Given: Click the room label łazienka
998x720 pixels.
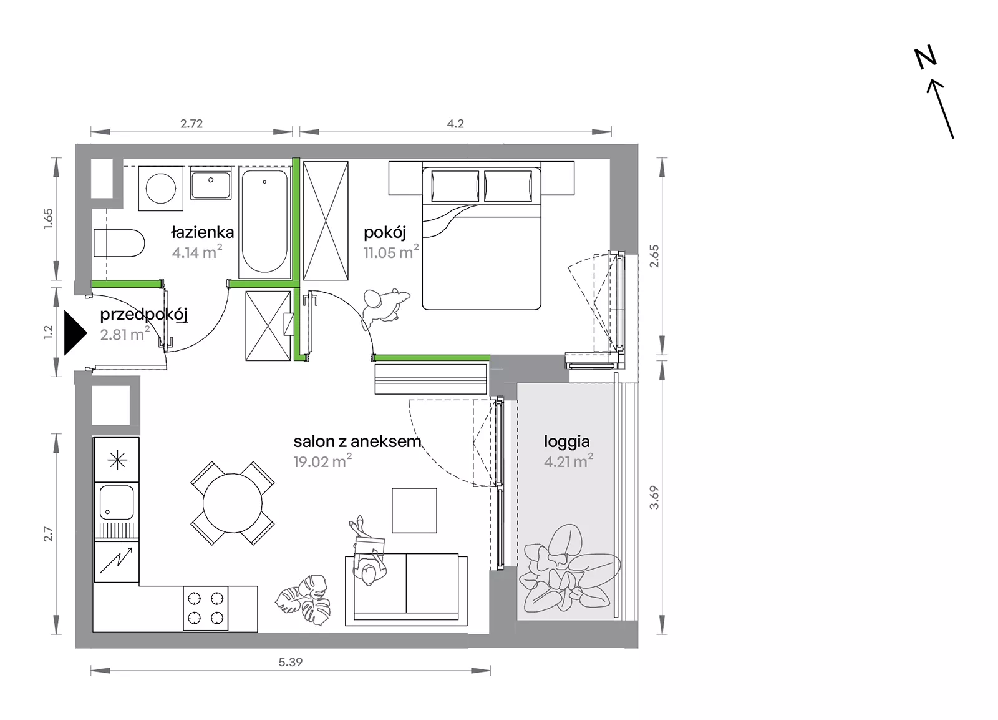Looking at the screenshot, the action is point(203,232).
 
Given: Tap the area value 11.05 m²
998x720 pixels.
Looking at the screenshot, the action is point(391,252).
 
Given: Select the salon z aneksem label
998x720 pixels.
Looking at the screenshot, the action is point(357,441).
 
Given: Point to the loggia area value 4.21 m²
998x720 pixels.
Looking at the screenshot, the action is point(568,461).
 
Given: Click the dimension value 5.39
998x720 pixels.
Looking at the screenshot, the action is point(291,662).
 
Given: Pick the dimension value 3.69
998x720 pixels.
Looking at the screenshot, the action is point(654,497).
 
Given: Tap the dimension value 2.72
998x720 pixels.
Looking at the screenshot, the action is point(191,124).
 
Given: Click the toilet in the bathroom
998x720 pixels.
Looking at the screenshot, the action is point(119,243).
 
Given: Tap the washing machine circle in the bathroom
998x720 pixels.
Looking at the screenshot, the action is point(161,188).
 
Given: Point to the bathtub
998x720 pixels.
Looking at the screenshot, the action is point(264,222).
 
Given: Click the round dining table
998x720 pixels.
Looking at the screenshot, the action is point(233,503).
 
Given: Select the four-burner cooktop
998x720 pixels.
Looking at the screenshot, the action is point(206,608).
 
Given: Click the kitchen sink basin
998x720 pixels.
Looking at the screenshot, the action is point(116,502).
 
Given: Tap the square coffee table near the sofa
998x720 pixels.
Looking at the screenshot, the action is point(414,510).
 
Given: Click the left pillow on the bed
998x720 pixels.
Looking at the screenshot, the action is point(455,186).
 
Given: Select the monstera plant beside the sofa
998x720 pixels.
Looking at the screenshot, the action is point(303,599).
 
